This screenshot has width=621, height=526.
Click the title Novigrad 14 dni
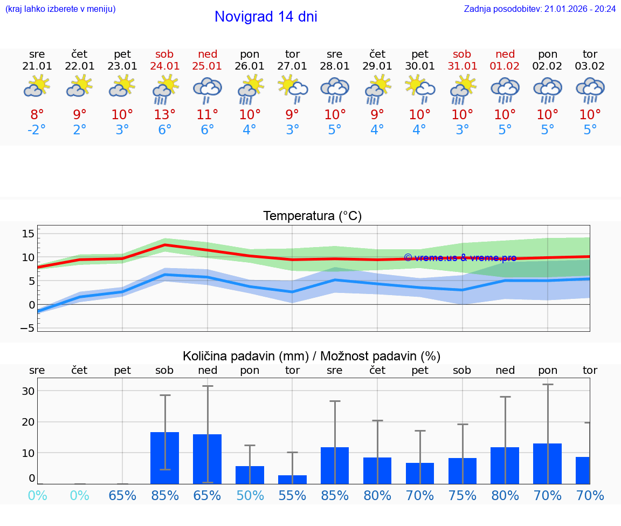(266, 17)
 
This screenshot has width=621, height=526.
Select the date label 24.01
(164, 66)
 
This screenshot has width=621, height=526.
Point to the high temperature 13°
(164, 115)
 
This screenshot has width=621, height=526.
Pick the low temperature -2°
(37, 131)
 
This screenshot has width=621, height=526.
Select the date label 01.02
(505, 66)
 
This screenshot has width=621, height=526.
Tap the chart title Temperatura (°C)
(313, 216)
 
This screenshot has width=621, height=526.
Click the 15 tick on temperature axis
(28, 234)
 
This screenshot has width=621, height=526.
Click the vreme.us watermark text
(460, 258)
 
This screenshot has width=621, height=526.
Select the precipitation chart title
(312, 356)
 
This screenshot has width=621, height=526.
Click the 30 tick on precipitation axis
(28, 391)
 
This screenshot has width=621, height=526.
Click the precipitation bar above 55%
(292, 479)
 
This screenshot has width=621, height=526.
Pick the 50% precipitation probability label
(250, 495)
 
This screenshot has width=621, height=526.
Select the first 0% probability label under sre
(37, 495)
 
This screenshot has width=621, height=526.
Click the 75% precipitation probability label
(463, 495)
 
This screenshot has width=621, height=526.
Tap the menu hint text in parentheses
(60, 9)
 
